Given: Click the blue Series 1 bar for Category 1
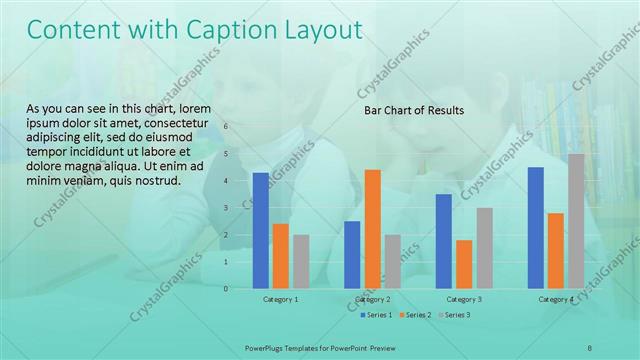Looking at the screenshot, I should pos(261,231).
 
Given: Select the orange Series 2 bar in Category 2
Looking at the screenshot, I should pos(372,229).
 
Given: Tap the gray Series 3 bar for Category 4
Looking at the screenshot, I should pos(576,221).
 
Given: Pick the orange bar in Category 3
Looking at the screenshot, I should pos(464,264).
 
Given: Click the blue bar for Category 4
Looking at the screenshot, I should pos(535,228).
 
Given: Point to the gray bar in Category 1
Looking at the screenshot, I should pos(301,262).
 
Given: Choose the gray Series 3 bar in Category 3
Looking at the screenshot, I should pos(484,248).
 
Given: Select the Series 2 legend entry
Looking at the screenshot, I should pos(416,315).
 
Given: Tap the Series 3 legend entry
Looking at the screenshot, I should pos(456,315).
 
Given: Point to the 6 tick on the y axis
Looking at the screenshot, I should pos(226,127).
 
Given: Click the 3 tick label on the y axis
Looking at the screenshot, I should pos(226,208).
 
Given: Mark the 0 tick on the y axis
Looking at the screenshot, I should pos(226,289).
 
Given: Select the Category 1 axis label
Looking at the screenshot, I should pos(281,299).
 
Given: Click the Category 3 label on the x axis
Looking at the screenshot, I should pos(464,299).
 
